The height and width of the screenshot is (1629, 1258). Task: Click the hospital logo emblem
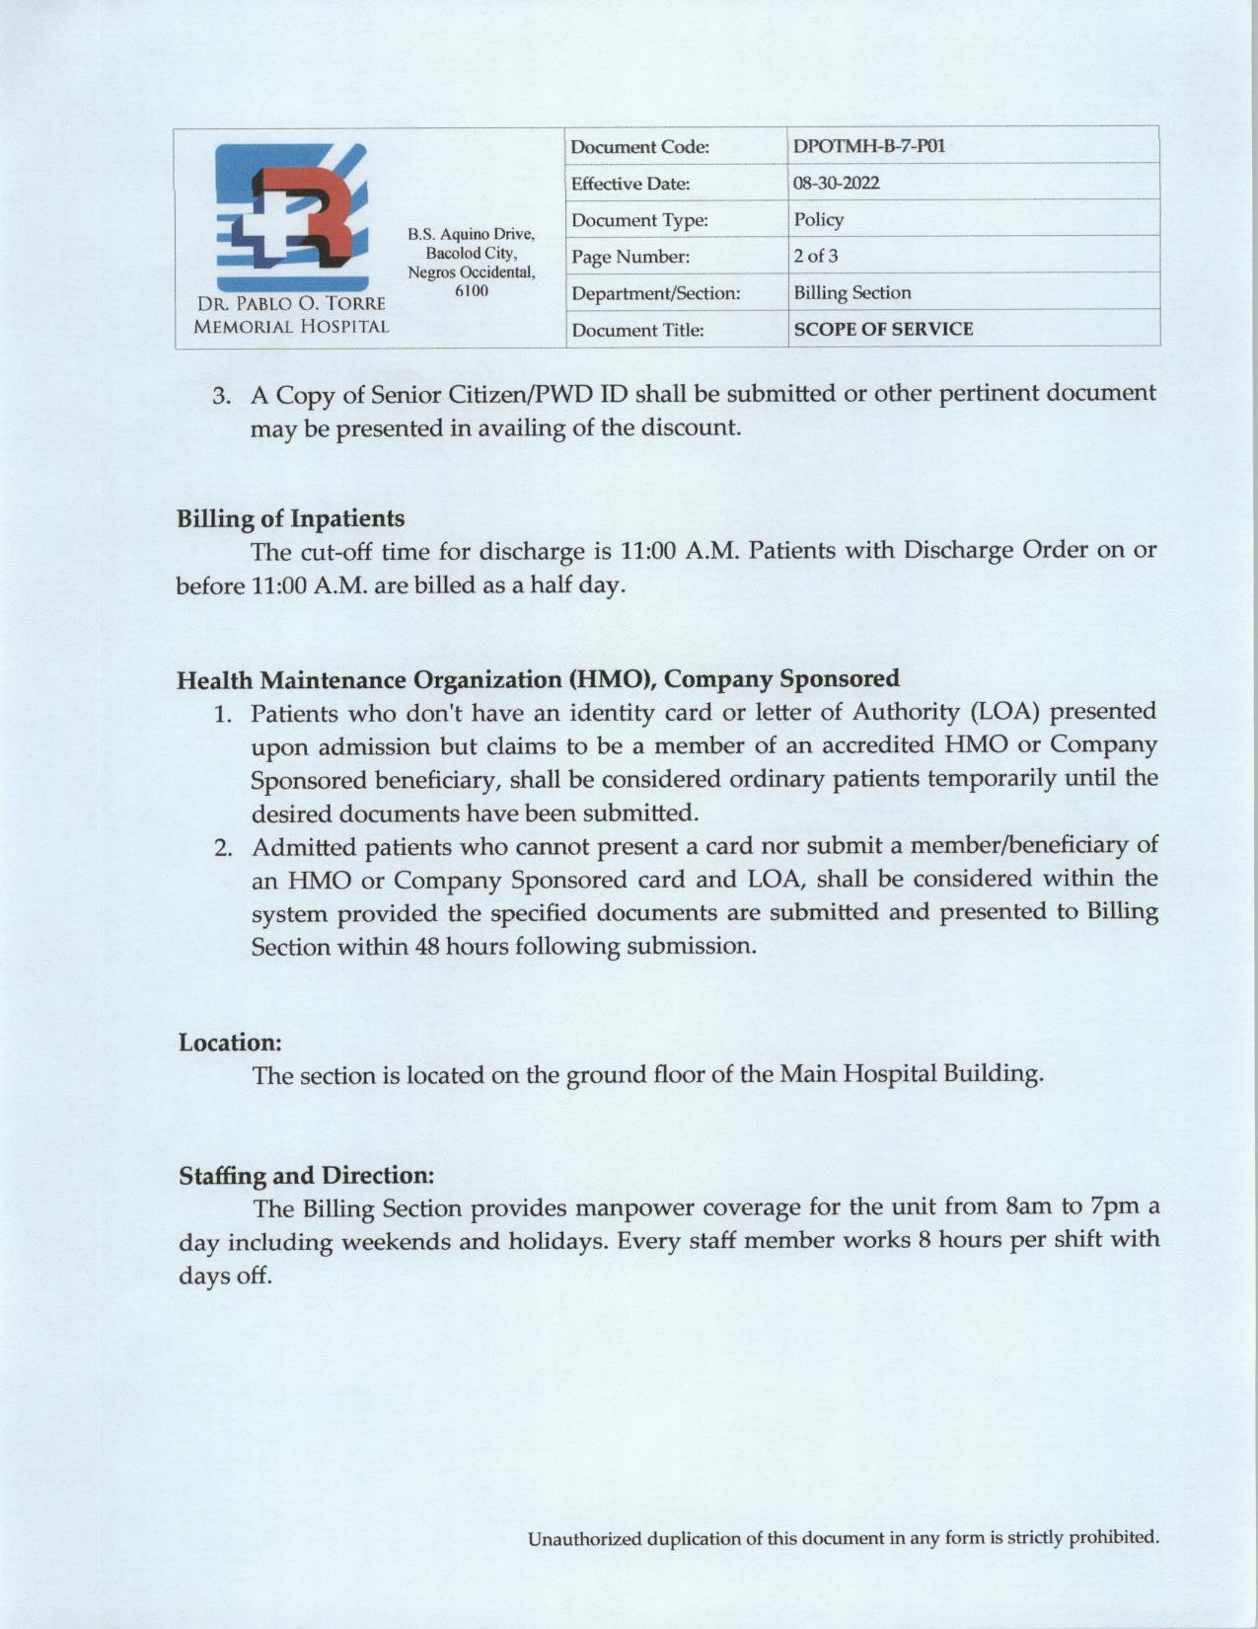[x=291, y=216]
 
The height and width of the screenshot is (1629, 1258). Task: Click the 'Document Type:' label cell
[x=639, y=220]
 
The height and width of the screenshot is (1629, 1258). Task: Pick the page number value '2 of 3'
[x=816, y=257]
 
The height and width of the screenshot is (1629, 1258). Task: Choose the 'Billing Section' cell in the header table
[x=852, y=293]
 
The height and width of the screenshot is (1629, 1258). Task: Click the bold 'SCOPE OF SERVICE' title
[x=883, y=330]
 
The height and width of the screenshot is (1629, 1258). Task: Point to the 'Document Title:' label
[x=637, y=331]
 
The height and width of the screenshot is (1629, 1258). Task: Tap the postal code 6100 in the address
[x=471, y=291]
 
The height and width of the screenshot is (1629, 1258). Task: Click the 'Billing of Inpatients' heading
[x=290, y=518]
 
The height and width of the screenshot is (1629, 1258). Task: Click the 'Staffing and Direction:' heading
[x=306, y=1176]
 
